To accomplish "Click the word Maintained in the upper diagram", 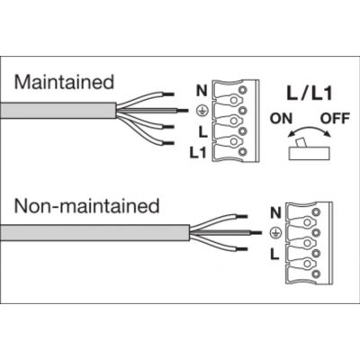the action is (x=64, y=82).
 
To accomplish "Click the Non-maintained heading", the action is (x=86, y=206).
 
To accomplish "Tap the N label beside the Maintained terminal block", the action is (x=202, y=91).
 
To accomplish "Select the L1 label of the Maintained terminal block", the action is (x=198, y=153).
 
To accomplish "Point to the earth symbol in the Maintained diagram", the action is (x=201, y=112).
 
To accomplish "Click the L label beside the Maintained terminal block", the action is (x=203, y=131).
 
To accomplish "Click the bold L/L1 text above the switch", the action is (x=310, y=93).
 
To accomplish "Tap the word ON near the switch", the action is (x=281, y=119).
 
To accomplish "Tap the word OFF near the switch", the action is (x=335, y=119).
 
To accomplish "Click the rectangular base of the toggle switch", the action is (x=310, y=153).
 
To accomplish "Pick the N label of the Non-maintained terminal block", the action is (x=275, y=212).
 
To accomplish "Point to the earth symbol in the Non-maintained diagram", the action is (x=275, y=232).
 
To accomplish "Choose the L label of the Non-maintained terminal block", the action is (x=274, y=255).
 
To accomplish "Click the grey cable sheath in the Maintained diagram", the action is (x=58, y=111).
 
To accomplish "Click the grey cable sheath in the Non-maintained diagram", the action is (x=95, y=232).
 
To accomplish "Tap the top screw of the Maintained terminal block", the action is (x=243, y=89).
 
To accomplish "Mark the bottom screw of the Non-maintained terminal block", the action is (x=316, y=274).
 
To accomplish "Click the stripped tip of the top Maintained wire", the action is (x=168, y=94).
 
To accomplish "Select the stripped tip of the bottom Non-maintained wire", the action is (x=242, y=249).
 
